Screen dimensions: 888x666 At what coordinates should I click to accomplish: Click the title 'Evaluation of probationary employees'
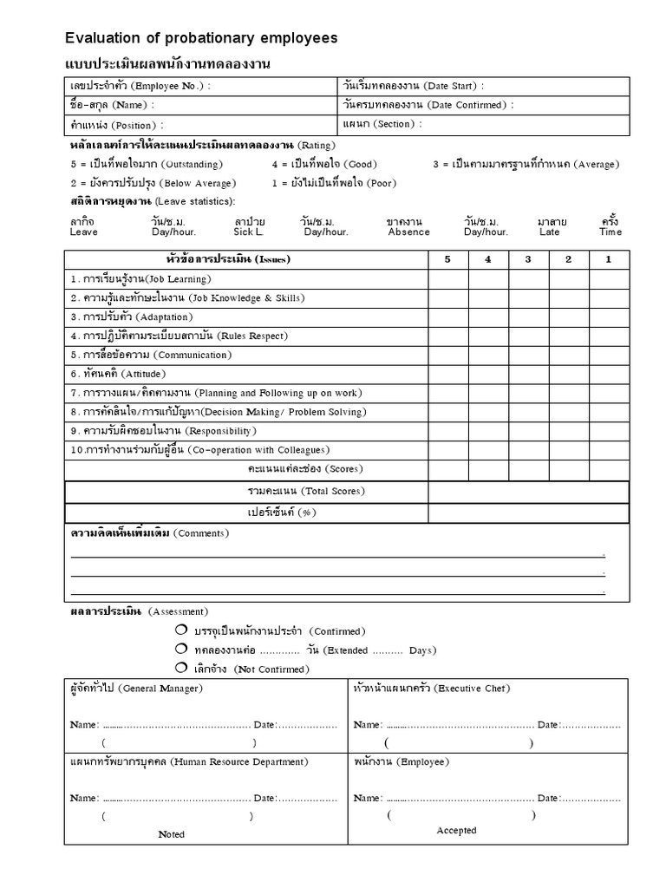202,38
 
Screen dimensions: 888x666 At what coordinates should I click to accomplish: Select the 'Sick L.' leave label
247,232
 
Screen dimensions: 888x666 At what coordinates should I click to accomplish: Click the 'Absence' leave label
408,232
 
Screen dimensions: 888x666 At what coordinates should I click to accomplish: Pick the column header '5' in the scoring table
448,259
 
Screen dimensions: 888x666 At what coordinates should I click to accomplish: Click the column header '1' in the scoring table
608,259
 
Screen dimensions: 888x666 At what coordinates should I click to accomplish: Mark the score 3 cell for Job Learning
528,279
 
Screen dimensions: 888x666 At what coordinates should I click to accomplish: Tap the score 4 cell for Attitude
488,374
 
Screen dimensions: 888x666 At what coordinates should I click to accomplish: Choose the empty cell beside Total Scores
528,492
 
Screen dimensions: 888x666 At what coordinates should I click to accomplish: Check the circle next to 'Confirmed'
180,630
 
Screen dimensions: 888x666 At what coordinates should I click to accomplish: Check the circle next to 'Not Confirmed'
180,668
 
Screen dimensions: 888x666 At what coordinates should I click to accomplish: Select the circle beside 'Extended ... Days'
180,649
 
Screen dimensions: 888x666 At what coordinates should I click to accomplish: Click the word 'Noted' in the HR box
172,834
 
